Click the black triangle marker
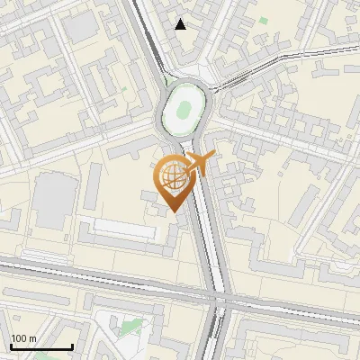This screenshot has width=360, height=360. tap(181, 24)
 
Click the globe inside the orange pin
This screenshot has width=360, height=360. tap(171, 177)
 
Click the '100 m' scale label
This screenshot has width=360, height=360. tap(23, 338)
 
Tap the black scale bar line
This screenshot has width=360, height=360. tap(40, 346)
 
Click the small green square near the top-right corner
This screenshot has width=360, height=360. tap(264, 20)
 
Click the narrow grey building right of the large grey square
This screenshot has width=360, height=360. tap(93, 184)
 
